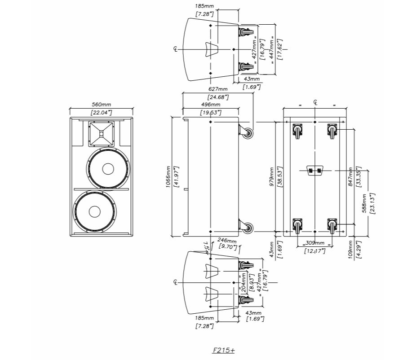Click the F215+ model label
click(x=224, y=350)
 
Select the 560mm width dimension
click(x=101, y=105)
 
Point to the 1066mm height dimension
click(x=168, y=180)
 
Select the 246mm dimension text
click(x=227, y=241)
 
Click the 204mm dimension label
click(x=244, y=282)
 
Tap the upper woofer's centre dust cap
click(x=107, y=169)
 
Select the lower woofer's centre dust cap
click(x=95, y=212)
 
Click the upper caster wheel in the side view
click(x=246, y=132)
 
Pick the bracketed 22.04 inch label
click(x=101, y=112)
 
